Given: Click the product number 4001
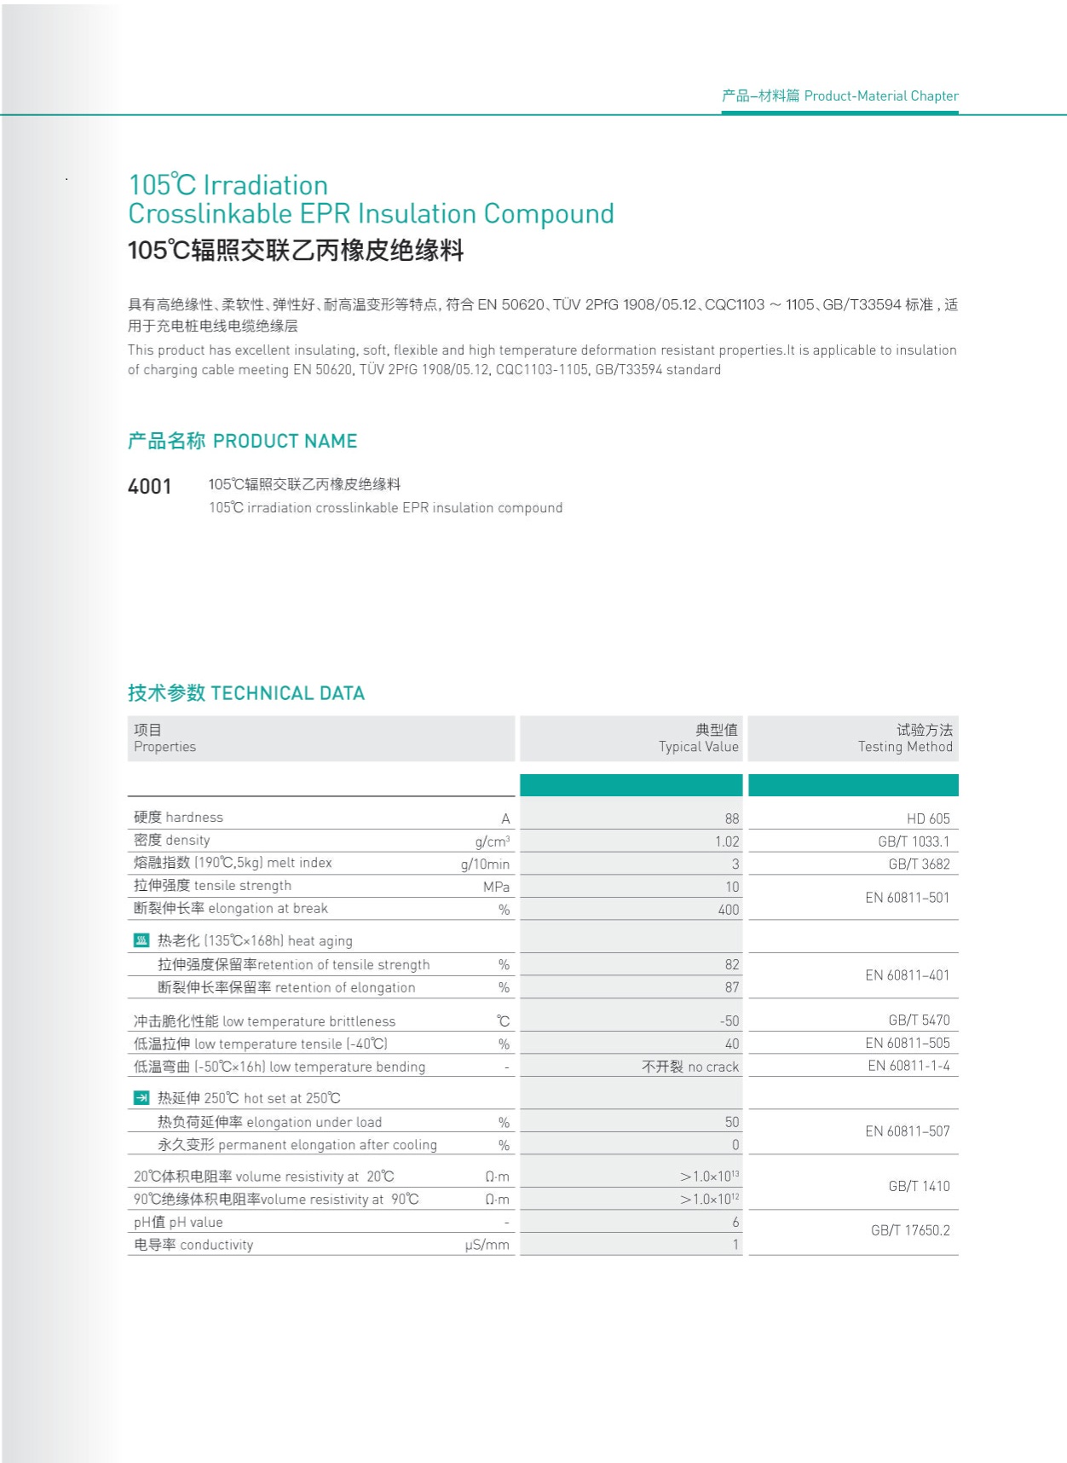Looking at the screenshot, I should coord(149,487).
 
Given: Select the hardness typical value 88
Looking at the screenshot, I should coord(731,818).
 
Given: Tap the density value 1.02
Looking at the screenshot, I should coord(727,841).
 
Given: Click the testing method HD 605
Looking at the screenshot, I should coord(927,818).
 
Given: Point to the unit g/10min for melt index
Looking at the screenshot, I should coord(485,864).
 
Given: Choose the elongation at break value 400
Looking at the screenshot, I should coord(728,910).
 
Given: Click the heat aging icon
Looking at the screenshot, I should coord(141,940).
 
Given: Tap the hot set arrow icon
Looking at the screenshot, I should coord(141,1098).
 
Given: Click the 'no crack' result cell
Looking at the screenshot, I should coord(690,1067).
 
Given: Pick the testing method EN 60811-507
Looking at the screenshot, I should coord(907,1131).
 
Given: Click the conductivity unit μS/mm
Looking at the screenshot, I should coord(487,1245).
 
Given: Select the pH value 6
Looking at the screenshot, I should coord(735,1222).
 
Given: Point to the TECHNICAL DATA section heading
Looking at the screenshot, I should coord(246,693).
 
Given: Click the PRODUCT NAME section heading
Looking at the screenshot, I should coord(242,441).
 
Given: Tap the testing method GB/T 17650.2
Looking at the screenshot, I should coord(909,1230).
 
